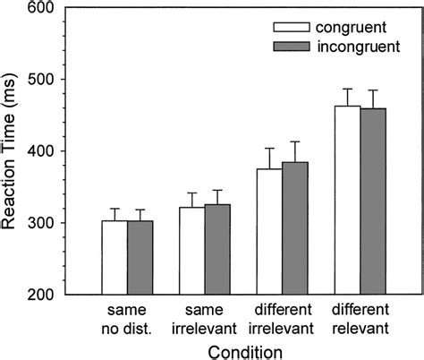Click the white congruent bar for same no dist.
tap(114, 258)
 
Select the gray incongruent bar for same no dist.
tap(140, 258)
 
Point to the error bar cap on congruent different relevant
tap(348, 89)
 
